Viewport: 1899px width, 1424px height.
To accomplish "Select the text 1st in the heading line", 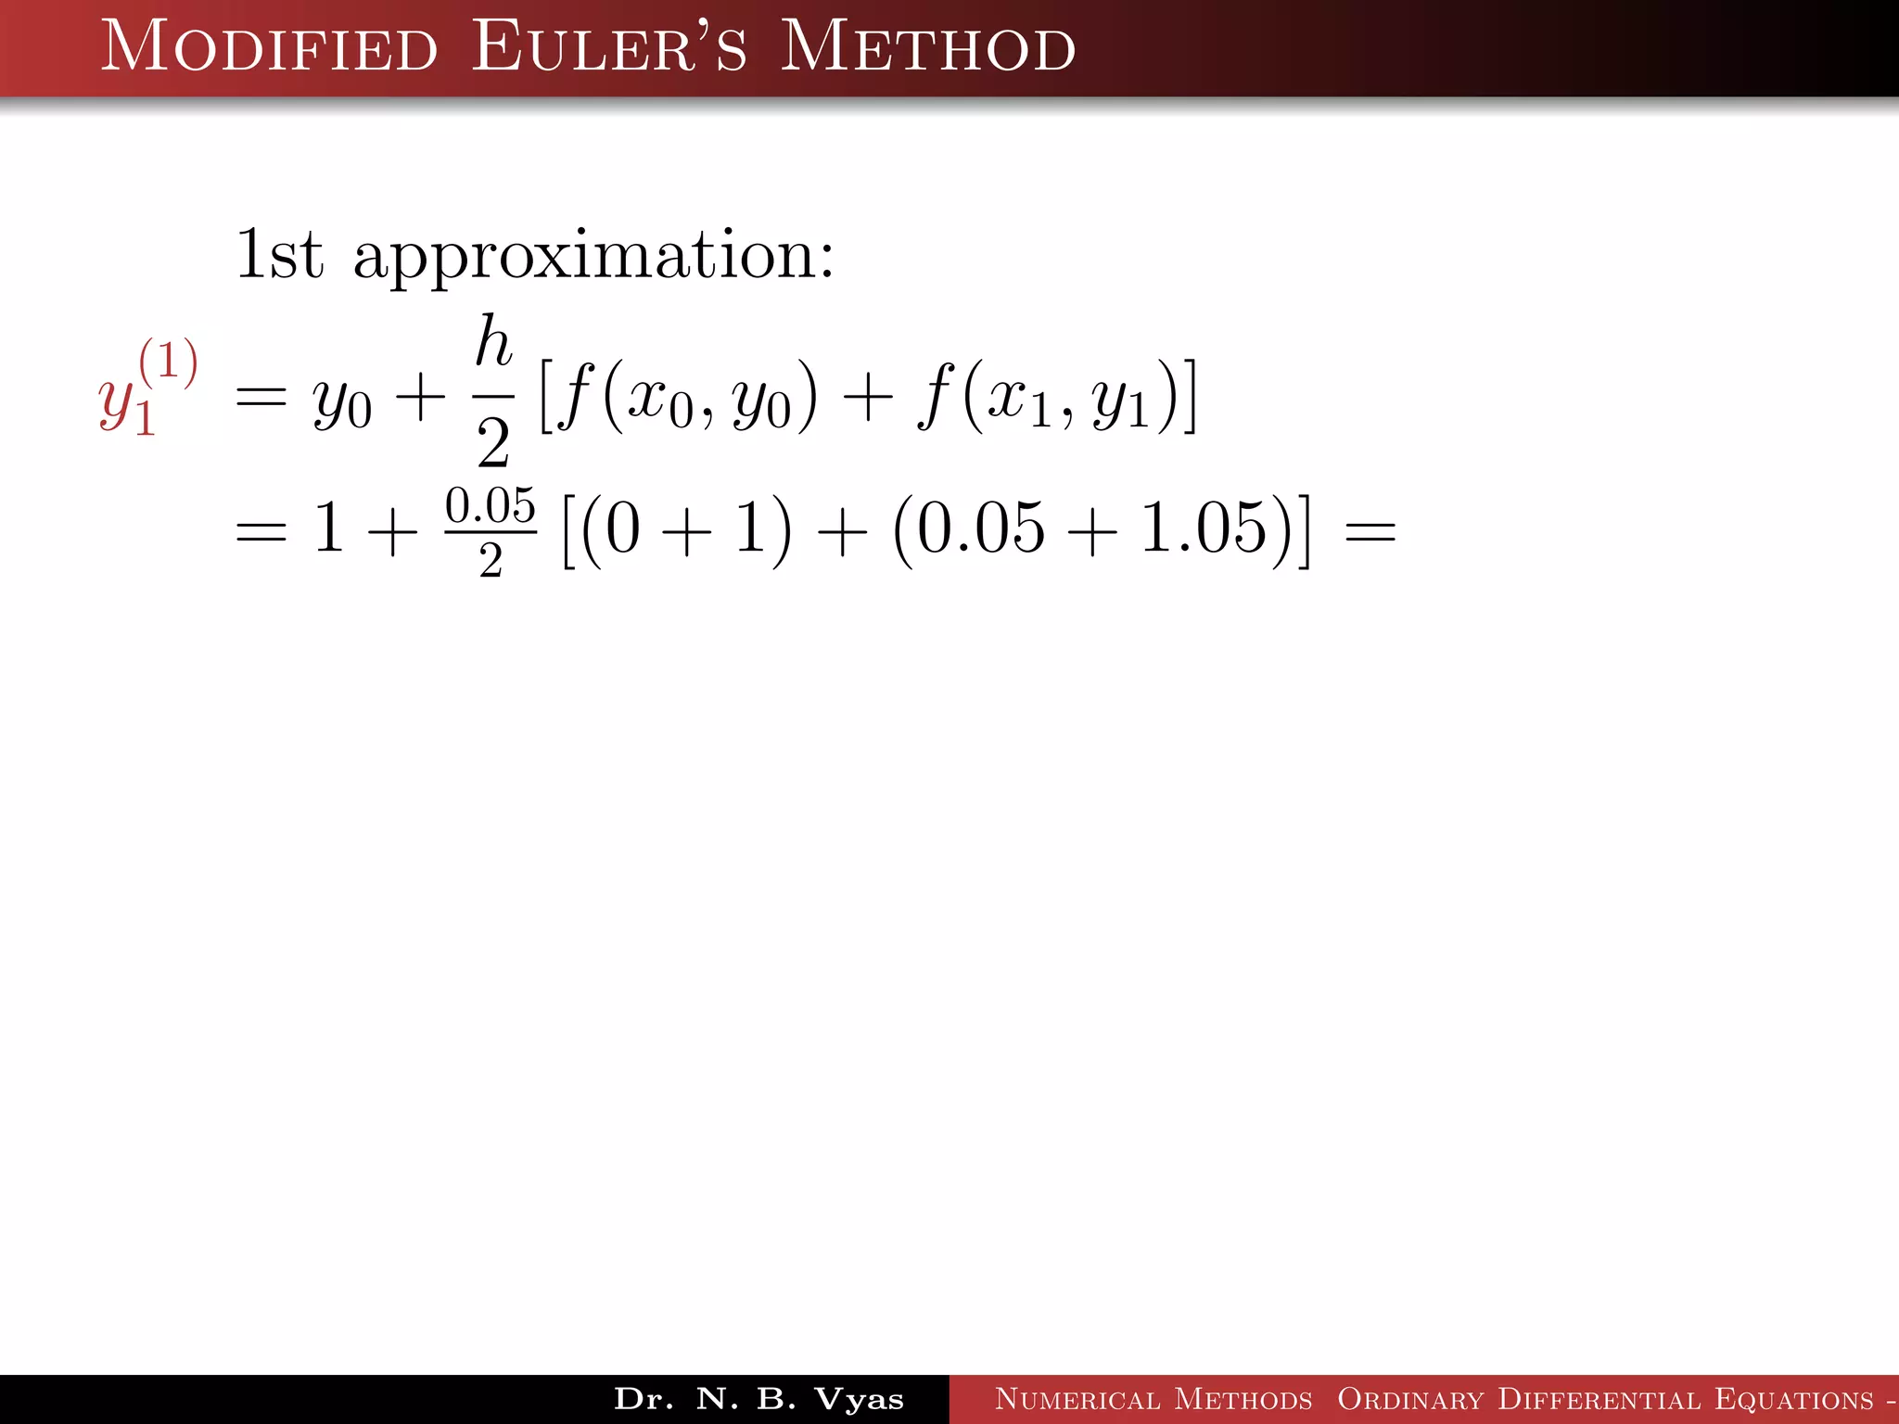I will click(279, 254).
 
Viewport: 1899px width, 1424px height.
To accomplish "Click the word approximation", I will click(593, 256).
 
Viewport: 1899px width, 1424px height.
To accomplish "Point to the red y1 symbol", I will click(124, 404).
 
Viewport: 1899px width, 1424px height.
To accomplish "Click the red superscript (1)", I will click(168, 362).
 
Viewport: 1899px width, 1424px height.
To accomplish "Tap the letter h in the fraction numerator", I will click(493, 341).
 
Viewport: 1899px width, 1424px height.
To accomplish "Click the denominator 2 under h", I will click(493, 443).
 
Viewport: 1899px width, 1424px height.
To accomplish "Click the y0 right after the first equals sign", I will click(342, 402).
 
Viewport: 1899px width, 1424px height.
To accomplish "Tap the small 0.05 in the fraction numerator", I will click(491, 506).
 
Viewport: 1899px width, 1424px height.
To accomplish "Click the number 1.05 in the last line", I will click(1203, 528).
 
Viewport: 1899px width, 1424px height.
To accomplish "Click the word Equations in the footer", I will click(1793, 1399).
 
